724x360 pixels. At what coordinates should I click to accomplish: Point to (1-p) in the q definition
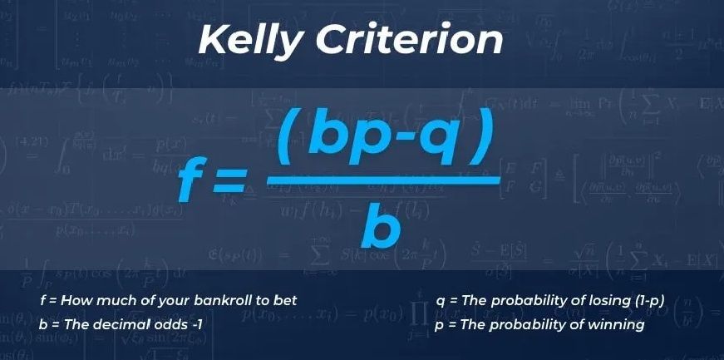[650, 300]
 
